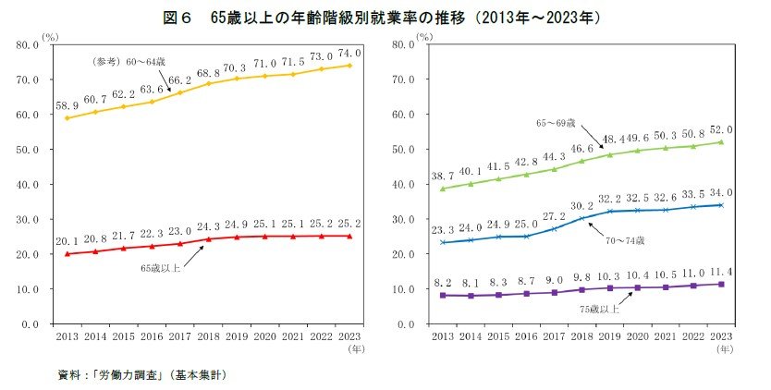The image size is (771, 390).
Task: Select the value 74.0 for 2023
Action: (x=349, y=54)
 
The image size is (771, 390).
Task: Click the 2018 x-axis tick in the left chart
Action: (x=210, y=336)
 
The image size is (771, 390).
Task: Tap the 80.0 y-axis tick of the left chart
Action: (x=27, y=44)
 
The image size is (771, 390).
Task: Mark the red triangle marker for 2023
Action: (x=349, y=236)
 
